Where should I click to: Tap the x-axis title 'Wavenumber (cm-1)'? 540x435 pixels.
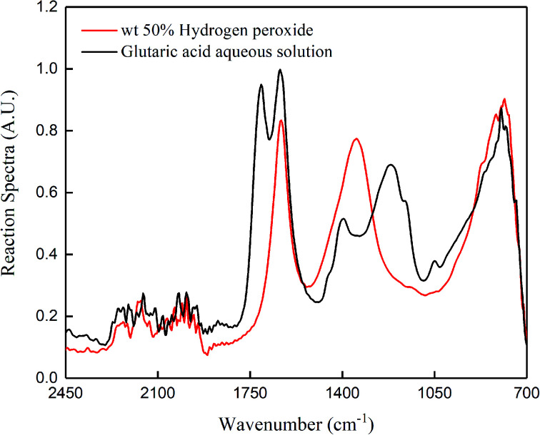(296, 422)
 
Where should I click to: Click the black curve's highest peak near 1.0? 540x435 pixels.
(280, 70)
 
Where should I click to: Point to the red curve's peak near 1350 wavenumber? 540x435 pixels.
(356, 138)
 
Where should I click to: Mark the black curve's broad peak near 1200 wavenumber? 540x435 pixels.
(391, 165)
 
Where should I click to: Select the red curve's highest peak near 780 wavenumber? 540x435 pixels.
(504, 99)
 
